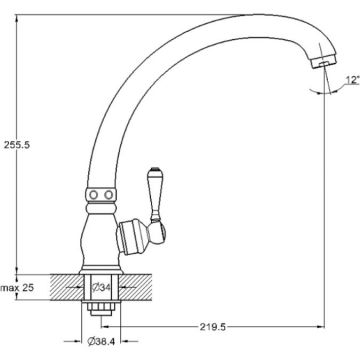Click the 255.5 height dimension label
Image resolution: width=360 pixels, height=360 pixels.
pyautogui.click(x=17, y=145)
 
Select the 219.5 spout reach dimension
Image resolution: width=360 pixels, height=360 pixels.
pyautogui.click(x=213, y=327)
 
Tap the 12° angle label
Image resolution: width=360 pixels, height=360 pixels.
pyautogui.click(x=352, y=80)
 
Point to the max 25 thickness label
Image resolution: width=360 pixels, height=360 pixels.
pyautogui.click(x=17, y=287)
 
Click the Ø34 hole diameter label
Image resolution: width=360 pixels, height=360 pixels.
pyautogui.click(x=101, y=287)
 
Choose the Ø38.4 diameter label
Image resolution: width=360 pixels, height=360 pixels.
pyautogui.click(x=101, y=341)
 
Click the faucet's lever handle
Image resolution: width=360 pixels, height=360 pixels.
pyautogui.click(x=154, y=194)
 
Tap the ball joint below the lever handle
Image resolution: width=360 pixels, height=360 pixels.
pyautogui.click(x=157, y=231)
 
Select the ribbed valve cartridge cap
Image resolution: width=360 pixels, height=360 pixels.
pyautogui.click(x=131, y=236)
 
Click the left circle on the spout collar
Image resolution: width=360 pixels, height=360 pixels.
pyautogui.click(x=94, y=195)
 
